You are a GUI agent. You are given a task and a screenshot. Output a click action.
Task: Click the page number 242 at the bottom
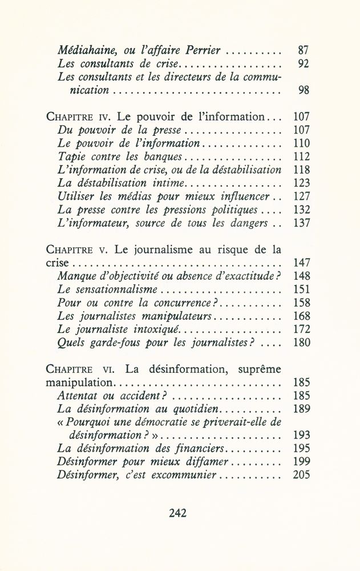tap(179, 512)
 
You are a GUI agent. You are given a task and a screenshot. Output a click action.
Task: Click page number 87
tap(304, 50)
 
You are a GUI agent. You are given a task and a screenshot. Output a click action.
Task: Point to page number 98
tap(304, 90)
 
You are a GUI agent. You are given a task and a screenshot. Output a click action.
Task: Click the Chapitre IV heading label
tap(80, 117)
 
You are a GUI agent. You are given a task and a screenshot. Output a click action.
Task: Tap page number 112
tap(301, 156)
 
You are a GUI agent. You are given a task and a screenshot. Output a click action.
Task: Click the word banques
tap(165, 156)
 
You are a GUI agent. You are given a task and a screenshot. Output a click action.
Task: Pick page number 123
tap(301, 183)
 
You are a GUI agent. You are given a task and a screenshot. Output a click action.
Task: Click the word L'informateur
tap(93, 224)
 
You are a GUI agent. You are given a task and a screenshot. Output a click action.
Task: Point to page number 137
tap(301, 224)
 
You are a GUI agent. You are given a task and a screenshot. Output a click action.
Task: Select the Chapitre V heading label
tap(78, 251)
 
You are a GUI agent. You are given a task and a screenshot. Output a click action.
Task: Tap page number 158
tap(301, 303)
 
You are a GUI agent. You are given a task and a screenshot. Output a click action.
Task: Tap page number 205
tap(301, 476)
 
